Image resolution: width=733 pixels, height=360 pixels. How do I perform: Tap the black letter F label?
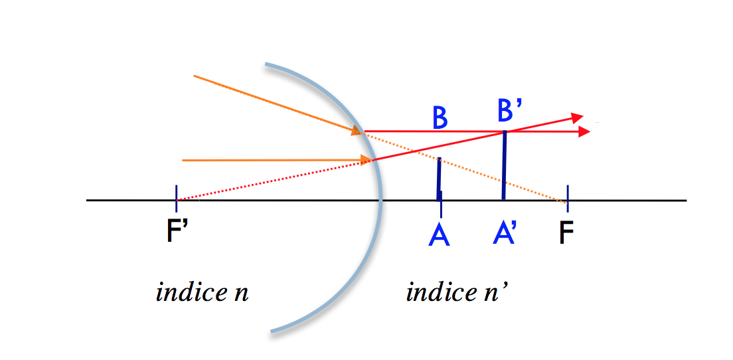coord(566,232)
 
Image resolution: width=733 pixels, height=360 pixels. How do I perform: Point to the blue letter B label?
coord(439,118)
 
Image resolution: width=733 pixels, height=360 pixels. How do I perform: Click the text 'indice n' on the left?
coord(202,292)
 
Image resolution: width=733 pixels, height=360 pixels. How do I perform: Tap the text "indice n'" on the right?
coord(457,292)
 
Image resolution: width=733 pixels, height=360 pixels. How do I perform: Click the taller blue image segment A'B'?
coord(505,166)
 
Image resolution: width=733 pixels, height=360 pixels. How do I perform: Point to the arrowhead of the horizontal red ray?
coord(584,132)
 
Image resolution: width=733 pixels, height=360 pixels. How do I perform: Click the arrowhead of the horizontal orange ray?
coord(366,159)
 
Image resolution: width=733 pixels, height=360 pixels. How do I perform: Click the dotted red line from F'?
coord(272,181)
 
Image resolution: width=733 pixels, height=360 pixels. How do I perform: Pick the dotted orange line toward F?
coord(465,166)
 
